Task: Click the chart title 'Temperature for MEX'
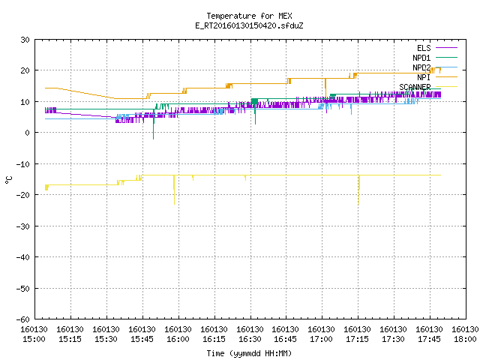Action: click(x=249, y=16)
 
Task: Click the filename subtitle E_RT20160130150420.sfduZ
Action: click(x=249, y=25)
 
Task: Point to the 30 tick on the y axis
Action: click(x=25, y=40)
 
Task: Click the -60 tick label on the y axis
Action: click(x=23, y=319)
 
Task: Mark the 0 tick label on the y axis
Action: click(x=28, y=133)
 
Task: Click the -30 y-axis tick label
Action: click(x=23, y=226)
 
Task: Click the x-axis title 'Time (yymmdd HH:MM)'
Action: click(x=249, y=353)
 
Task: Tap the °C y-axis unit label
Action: click(x=9, y=180)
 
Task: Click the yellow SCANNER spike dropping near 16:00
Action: click(x=174, y=190)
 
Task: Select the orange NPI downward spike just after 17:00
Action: click(x=325, y=88)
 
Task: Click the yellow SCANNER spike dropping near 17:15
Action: click(x=358, y=190)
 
